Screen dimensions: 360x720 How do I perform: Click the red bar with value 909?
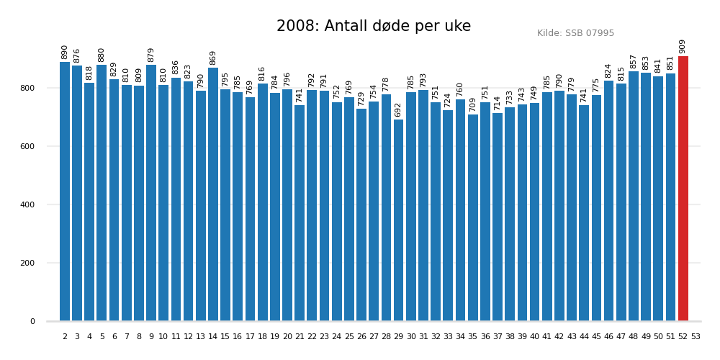(683, 189)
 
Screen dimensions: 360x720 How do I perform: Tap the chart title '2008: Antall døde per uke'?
(374, 27)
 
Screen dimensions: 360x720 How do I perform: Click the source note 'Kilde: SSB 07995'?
(575, 33)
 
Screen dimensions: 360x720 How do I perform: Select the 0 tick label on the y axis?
(32, 321)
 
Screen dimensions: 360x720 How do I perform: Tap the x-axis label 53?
(696, 336)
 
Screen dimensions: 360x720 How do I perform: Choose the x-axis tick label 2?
(65, 336)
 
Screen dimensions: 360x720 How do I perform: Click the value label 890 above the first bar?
(65, 52)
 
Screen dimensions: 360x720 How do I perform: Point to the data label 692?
(398, 109)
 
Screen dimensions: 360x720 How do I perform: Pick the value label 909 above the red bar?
(683, 46)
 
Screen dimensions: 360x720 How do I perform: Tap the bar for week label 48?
(634, 196)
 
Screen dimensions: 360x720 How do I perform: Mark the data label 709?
(473, 104)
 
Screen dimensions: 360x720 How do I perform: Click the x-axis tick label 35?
(473, 336)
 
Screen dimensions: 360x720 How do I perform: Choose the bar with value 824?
(609, 201)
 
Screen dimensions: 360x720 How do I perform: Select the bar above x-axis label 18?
(263, 202)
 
